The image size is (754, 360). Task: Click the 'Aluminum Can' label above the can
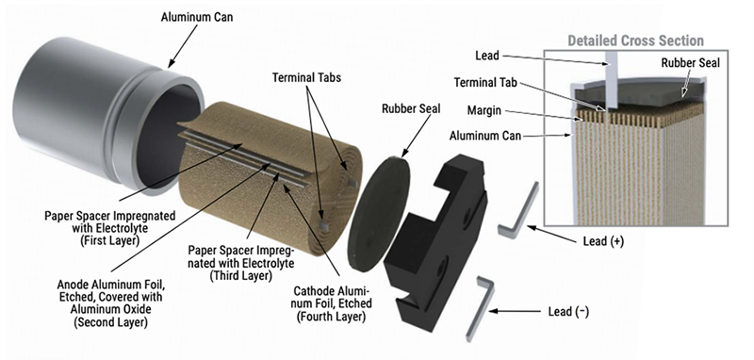[x=198, y=17]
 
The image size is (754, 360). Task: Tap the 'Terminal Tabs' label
[x=306, y=77]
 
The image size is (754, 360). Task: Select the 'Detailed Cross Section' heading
[x=635, y=41]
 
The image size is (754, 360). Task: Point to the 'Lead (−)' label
[x=568, y=311]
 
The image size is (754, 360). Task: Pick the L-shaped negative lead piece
[x=480, y=307]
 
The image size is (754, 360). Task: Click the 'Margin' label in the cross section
[x=484, y=110]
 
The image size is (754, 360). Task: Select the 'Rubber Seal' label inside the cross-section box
[x=691, y=62]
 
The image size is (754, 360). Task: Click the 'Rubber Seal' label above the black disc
[x=411, y=108]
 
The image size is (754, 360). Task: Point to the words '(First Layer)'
[x=109, y=239]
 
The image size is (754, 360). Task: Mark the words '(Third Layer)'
[x=241, y=275]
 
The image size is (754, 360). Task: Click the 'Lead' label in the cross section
[x=486, y=57]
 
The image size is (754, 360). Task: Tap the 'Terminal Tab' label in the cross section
[x=485, y=83]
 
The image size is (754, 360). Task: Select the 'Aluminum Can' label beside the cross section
[x=485, y=136]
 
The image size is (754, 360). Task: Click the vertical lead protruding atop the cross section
[x=611, y=79]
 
